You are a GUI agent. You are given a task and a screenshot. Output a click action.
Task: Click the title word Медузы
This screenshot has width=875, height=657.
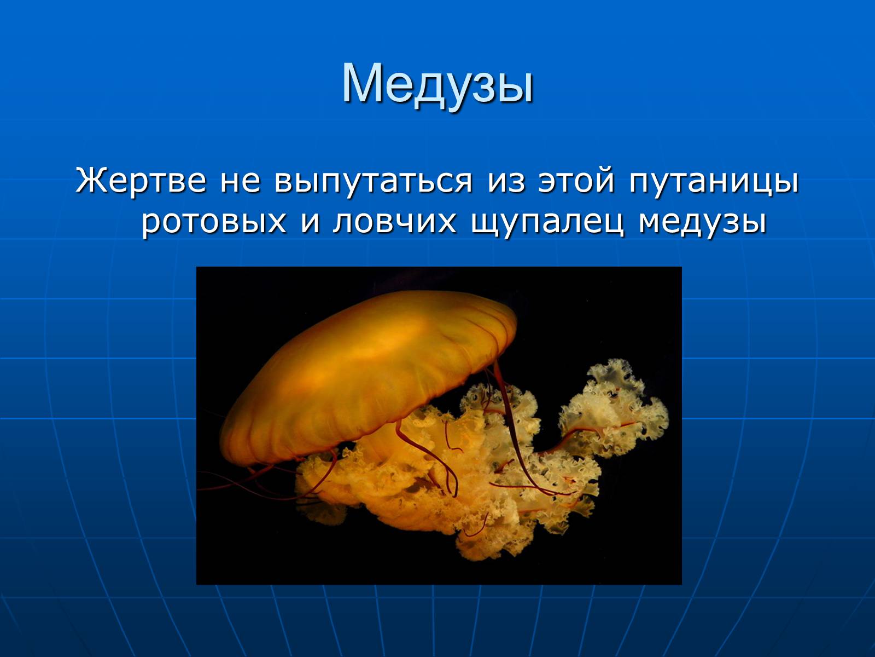pos(437,86)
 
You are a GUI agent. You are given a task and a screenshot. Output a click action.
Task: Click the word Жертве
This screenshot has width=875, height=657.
pos(141,180)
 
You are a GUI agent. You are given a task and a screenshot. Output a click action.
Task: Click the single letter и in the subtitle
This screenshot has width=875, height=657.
pos(310,222)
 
